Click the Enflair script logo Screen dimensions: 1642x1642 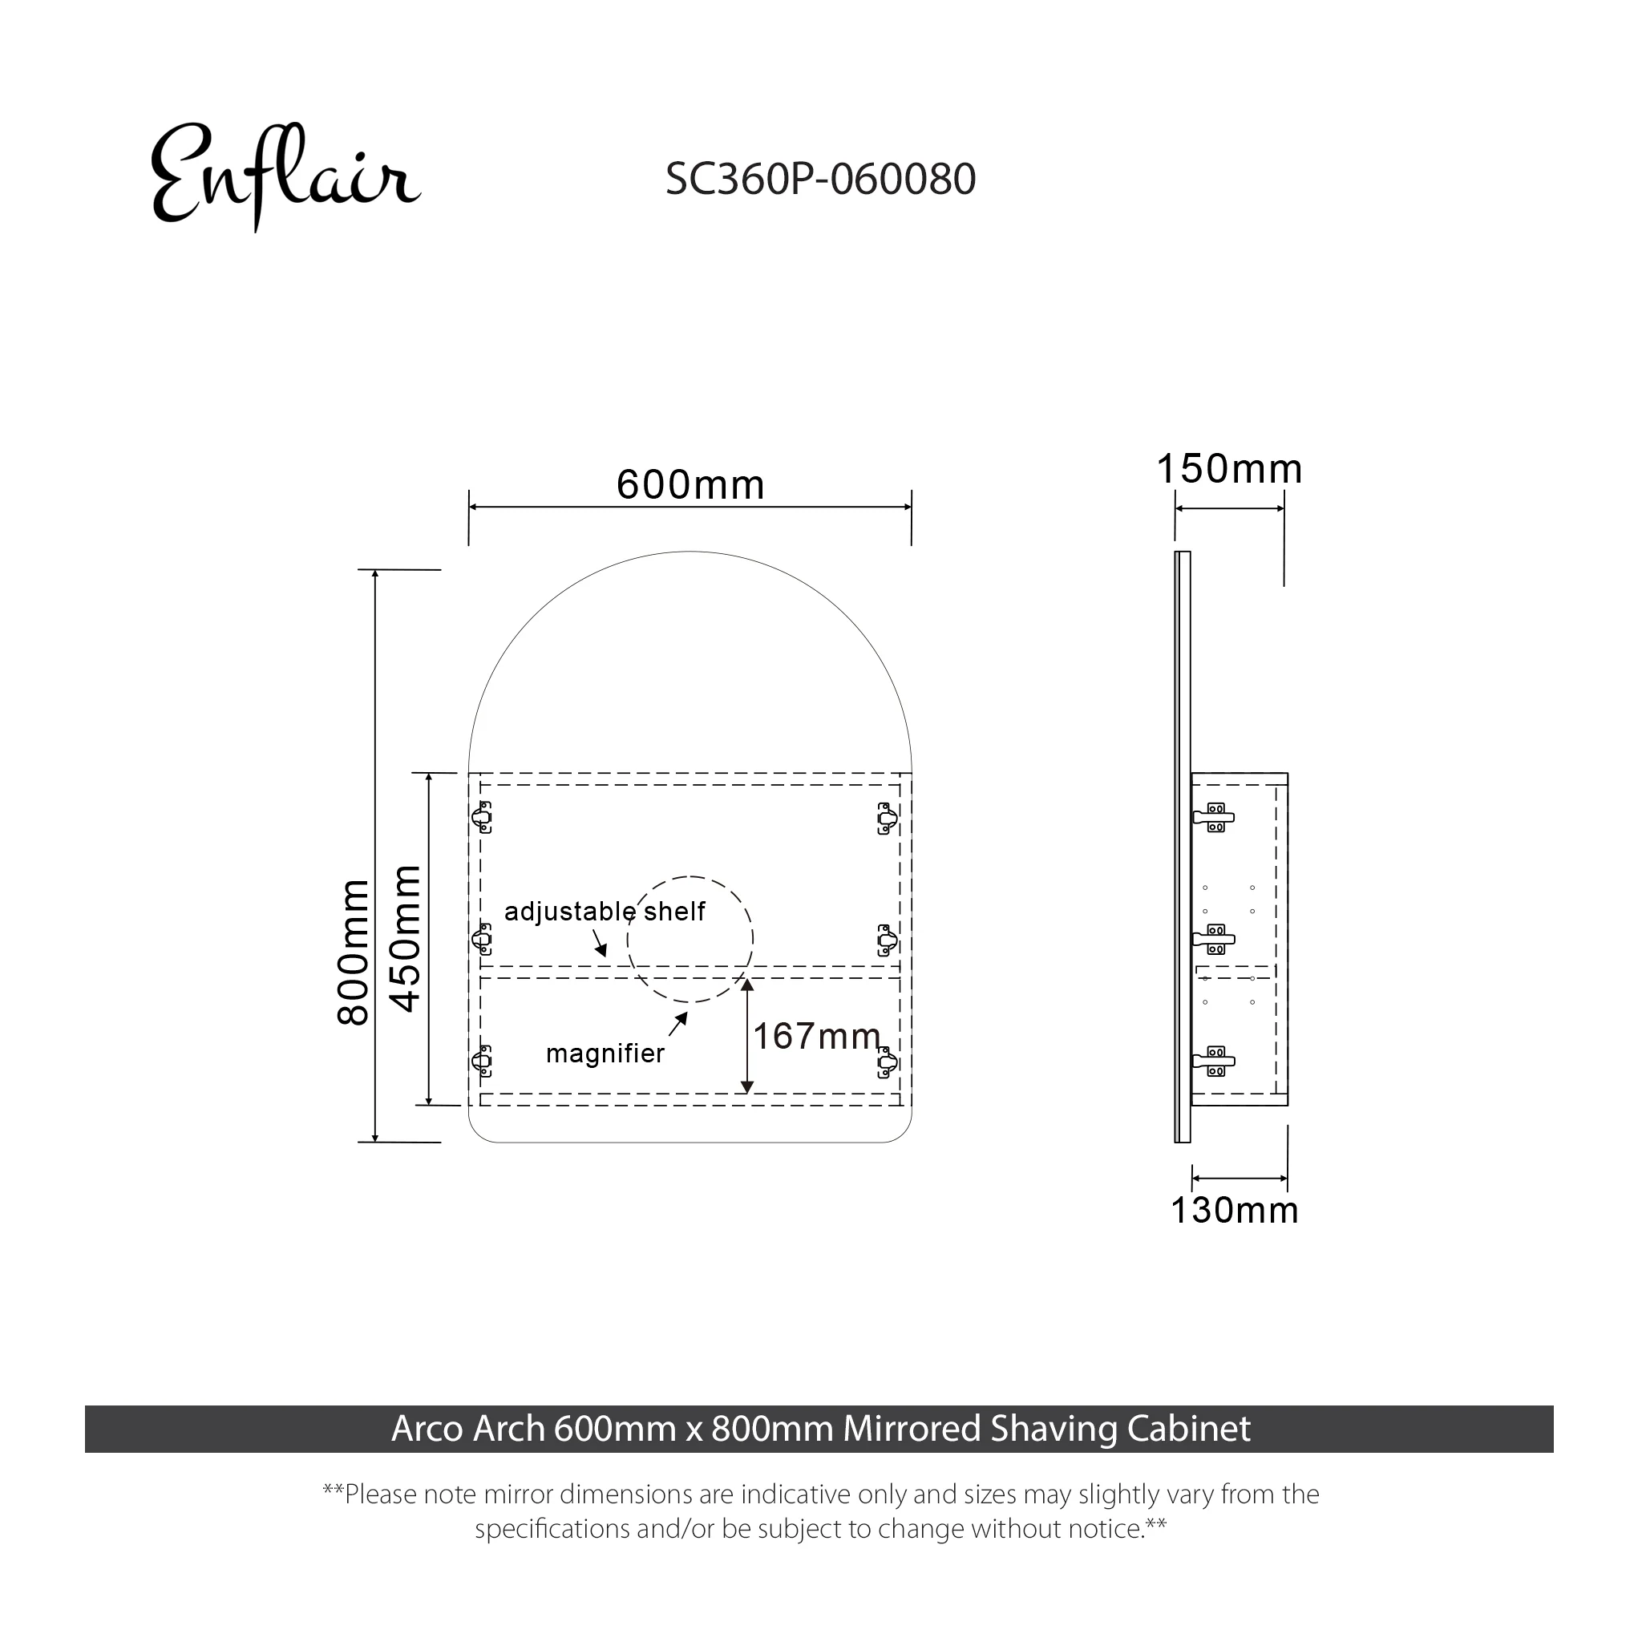[x=285, y=176]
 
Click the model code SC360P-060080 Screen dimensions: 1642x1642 [x=820, y=180]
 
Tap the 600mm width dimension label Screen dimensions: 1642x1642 [x=690, y=485]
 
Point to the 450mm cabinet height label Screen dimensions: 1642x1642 [x=406, y=938]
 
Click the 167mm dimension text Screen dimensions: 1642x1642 [x=817, y=1036]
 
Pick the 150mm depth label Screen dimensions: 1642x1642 [x=1229, y=469]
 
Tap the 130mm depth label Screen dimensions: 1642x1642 [x=1234, y=1210]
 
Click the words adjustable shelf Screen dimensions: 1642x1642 [x=605, y=911]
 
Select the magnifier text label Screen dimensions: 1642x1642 [x=605, y=1053]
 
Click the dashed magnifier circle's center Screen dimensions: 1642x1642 [x=690, y=939]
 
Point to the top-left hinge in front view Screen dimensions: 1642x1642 [x=482, y=818]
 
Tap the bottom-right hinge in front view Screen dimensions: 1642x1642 [x=888, y=1062]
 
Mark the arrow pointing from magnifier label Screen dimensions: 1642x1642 [x=677, y=1024]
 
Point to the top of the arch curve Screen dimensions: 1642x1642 [x=690, y=552]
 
